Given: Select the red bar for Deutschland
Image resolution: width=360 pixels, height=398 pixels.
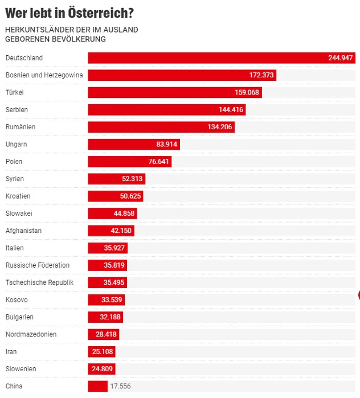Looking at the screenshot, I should (222, 58).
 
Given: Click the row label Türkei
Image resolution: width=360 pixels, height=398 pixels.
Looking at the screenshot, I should (14, 92).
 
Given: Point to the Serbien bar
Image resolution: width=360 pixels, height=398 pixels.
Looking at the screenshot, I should (166, 110).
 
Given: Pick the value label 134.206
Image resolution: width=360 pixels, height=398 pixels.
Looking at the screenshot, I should (220, 127).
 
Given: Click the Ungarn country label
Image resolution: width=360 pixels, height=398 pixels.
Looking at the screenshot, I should (16, 144).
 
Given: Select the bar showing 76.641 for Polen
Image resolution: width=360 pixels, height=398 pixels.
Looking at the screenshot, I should (129, 162).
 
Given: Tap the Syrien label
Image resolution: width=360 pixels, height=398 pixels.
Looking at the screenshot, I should (14, 179).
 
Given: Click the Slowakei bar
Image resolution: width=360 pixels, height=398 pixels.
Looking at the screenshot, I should (112, 214).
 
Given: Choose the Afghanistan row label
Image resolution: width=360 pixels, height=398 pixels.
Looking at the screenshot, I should (23, 231).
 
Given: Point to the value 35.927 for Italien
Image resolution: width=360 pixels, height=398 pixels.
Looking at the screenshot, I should (115, 248).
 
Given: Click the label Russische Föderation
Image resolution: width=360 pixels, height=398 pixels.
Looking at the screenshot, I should (38, 265).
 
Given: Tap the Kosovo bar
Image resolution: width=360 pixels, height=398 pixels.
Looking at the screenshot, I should (106, 300).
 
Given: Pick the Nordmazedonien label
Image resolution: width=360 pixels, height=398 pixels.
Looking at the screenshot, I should (31, 334).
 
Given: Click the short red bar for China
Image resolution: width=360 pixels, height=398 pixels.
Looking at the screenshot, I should (97, 386).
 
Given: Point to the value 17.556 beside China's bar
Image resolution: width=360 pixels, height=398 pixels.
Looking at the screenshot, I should (121, 386).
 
